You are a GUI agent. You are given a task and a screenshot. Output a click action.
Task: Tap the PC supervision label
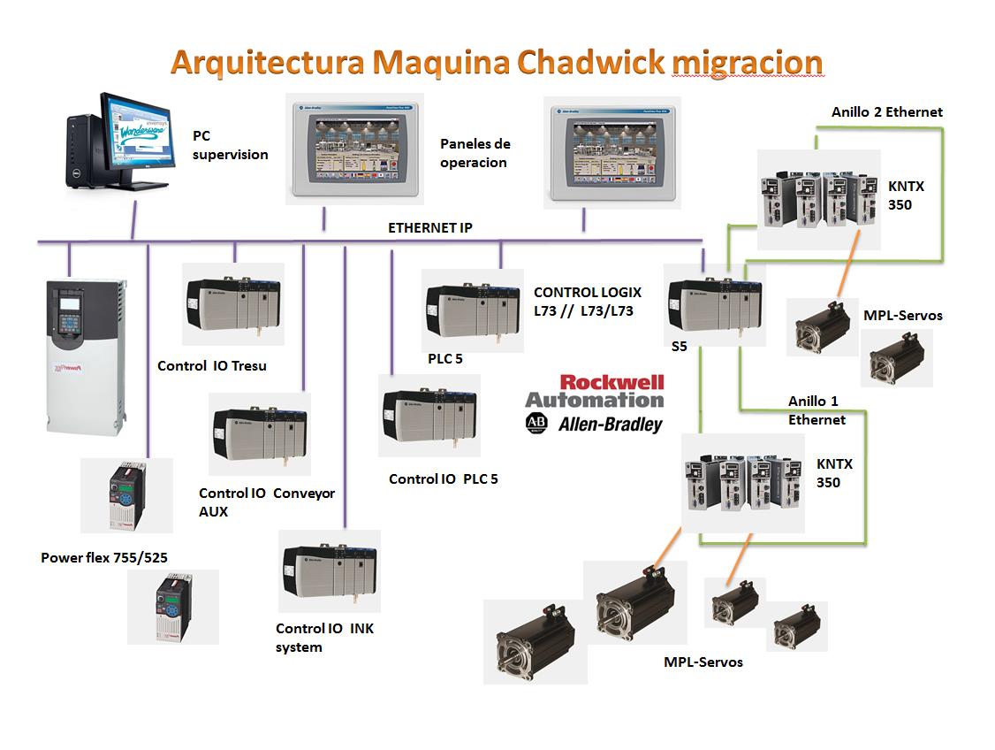[230, 145]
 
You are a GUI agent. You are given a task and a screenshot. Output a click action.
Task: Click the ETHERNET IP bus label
[429, 227]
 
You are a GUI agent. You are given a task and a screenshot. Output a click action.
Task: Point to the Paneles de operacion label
[475, 152]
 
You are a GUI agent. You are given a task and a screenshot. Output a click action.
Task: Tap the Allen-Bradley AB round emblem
[535, 422]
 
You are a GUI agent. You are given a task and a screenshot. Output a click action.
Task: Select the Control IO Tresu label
[211, 365]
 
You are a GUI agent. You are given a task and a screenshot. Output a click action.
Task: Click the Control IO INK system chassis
[330, 570]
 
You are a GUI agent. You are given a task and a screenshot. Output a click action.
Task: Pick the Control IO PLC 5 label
[443, 478]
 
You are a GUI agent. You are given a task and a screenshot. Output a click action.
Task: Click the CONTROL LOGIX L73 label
[588, 301]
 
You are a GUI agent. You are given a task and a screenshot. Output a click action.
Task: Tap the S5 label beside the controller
[679, 347]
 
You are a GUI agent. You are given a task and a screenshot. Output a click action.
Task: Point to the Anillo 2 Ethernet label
[886, 111]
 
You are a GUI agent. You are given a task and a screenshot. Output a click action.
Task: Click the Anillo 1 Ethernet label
[816, 410]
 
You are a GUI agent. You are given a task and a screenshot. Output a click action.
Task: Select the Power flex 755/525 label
[104, 557]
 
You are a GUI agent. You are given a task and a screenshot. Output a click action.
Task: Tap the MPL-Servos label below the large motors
[703, 662]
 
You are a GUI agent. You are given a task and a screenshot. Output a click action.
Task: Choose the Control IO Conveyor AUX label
[266, 501]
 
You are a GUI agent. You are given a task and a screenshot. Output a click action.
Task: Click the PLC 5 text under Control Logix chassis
[444, 358]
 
